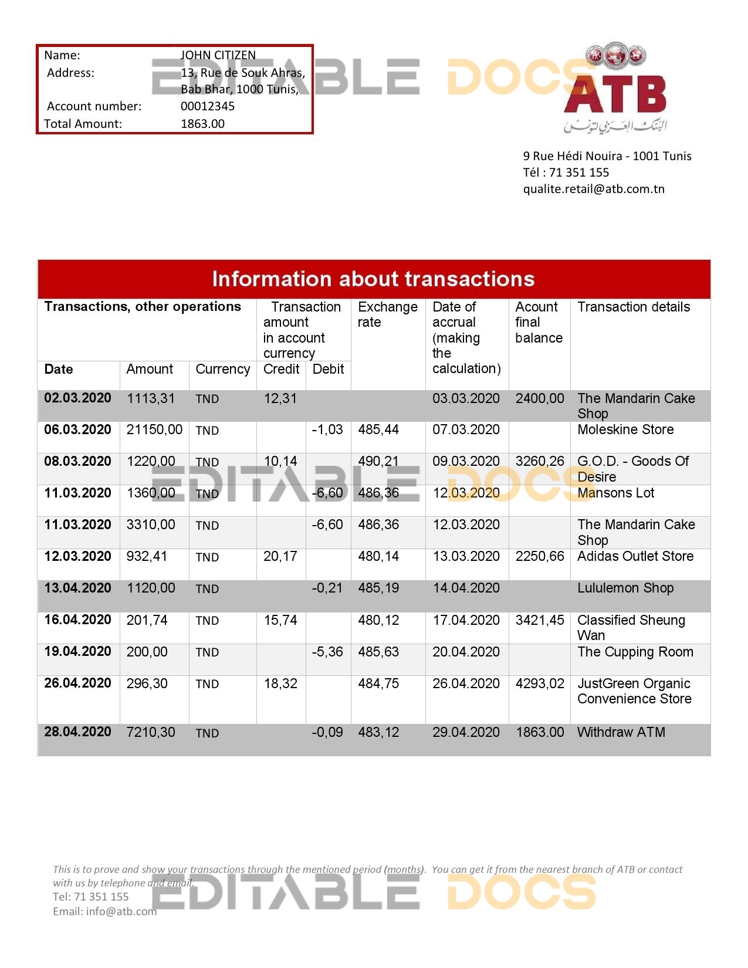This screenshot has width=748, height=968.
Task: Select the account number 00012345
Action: tap(208, 106)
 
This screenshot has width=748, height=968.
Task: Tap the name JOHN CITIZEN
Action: tap(218, 55)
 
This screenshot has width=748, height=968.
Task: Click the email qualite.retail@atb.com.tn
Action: tap(594, 189)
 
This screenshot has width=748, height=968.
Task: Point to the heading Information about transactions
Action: tap(373, 279)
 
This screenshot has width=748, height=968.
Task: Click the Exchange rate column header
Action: tap(387, 314)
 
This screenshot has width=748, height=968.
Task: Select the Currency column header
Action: tap(222, 369)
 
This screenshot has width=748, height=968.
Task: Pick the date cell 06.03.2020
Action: tap(77, 429)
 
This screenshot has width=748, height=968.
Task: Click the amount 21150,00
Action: tap(154, 429)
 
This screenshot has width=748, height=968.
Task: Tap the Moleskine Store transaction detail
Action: tap(625, 429)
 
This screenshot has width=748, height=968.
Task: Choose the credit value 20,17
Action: tap(280, 556)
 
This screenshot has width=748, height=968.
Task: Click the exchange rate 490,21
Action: tap(378, 461)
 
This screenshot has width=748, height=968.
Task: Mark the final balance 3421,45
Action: tap(540, 620)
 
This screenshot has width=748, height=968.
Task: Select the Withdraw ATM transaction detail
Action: tap(621, 732)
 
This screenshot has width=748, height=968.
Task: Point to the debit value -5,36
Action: tap(327, 652)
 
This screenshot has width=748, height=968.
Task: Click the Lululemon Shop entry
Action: tap(625, 588)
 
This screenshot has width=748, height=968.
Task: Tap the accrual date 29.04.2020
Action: tap(466, 732)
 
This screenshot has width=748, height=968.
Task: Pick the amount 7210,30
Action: tap(151, 732)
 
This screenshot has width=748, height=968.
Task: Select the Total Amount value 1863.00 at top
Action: tap(202, 124)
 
